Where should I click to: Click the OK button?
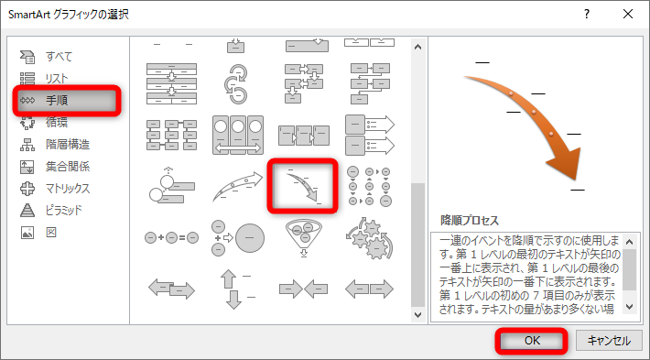tap(532, 340)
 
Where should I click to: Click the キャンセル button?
tap(608, 340)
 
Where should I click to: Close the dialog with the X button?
tap(627, 15)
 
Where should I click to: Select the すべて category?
tap(57, 57)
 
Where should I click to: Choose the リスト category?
tap(57, 79)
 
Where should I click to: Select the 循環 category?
tap(57, 122)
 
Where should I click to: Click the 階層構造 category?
tap(66, 144)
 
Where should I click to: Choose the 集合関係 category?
tap(66, 166)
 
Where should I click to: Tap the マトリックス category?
tap(66, 188)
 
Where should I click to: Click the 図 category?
tap(50, 232)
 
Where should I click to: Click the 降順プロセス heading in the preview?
tap(471, 221)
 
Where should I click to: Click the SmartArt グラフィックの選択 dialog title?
tap(83, 15)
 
